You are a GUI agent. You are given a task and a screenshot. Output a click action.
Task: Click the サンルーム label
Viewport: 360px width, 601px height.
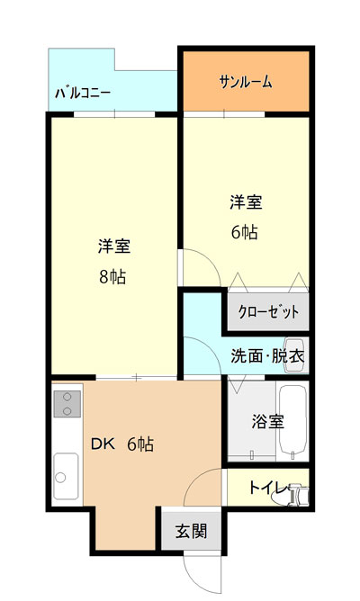(x=246, y=82)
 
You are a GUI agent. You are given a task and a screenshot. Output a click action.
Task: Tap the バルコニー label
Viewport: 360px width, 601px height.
(x=83, y=94)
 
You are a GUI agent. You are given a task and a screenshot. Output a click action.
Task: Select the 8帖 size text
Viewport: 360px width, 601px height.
(x=112, y=276)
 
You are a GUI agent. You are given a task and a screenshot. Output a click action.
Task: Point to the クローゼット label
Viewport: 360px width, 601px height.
(x=268, y=311)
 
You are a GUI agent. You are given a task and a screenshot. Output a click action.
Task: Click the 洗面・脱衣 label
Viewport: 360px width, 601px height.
(x=267, y=356)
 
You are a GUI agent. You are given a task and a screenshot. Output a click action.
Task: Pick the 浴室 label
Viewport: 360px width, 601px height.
(x=268, y=422)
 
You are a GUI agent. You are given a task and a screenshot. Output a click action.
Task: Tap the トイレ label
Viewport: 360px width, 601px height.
(x=268, y=488)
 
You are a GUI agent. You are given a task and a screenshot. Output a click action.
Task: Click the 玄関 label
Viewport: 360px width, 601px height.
(x=192, y=531)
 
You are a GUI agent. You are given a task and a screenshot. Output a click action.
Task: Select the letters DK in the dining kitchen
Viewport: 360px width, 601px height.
(x=103, y=444)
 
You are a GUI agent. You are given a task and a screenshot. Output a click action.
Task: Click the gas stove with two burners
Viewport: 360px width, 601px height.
(x=67, y=404)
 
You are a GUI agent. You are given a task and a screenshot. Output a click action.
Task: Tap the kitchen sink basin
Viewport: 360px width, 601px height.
(x=66, y=477)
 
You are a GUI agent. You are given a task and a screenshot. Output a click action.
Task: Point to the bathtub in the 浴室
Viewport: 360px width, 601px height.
(x=292, y=420)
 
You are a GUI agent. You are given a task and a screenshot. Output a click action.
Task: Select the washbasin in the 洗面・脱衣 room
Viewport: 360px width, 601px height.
(x=297, y=355)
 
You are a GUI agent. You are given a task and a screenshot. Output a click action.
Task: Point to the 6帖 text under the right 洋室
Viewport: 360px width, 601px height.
(x=245, y=232)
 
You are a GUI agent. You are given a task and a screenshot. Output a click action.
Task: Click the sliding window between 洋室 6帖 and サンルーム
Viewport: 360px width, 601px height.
(x=224, y=114)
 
